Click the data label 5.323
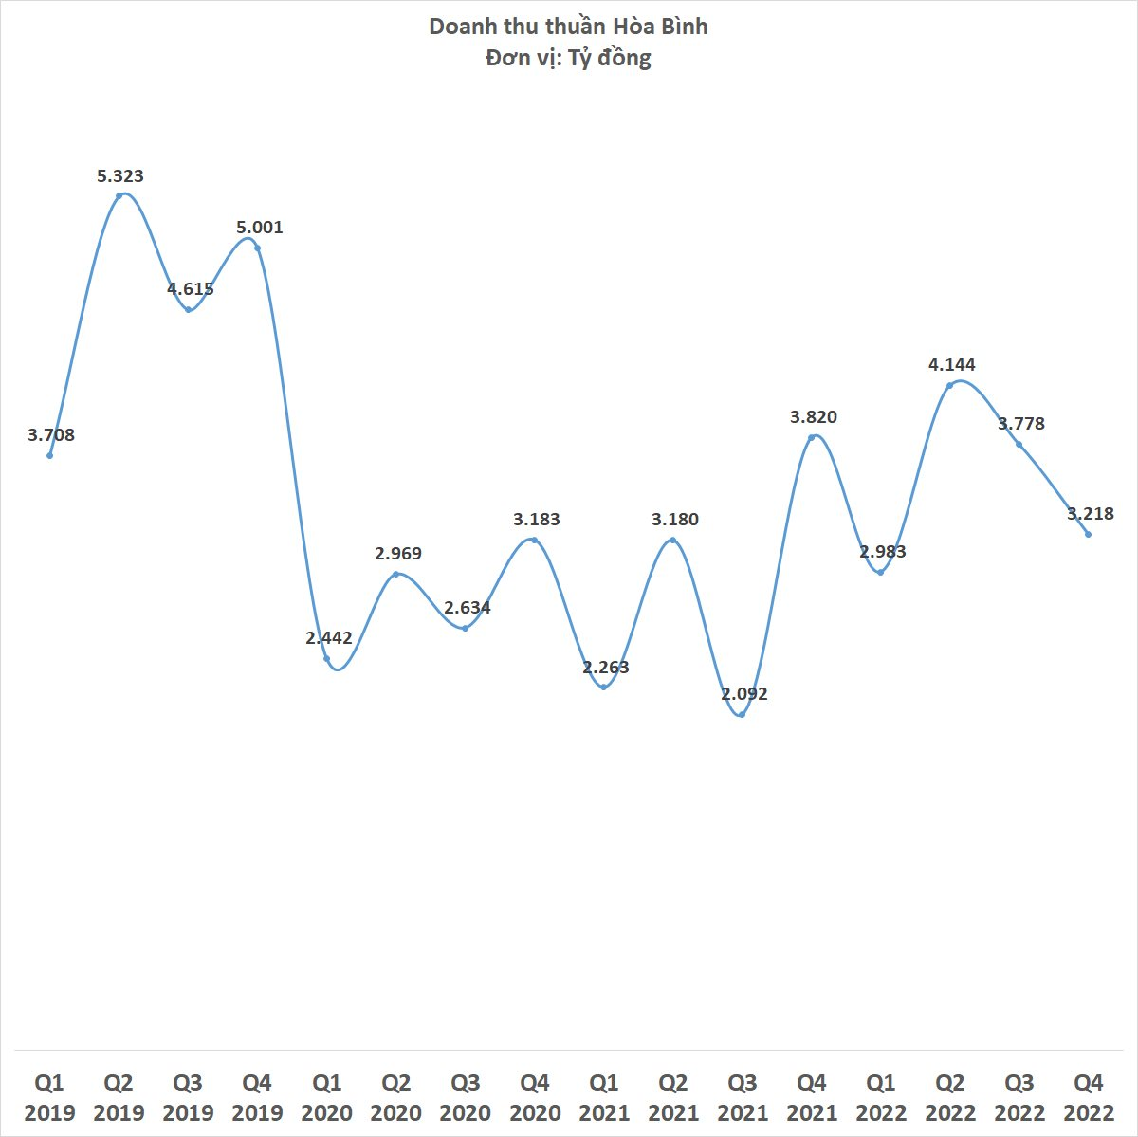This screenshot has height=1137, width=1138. (120, 175)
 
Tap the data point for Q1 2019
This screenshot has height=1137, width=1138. (49, 455)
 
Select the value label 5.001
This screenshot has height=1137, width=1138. (259, 228)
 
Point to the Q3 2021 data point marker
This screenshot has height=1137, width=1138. (742, 714)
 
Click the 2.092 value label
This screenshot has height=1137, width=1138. (744, 694)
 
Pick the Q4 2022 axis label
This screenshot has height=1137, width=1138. (1088, 1097)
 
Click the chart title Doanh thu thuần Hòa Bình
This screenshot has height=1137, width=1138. (568, 27)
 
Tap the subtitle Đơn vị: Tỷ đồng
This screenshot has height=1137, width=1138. (568, 59)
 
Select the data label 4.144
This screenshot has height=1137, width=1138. (952, 365)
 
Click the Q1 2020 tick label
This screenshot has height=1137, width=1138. (327, 1097)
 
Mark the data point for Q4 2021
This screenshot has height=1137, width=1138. (812, 437)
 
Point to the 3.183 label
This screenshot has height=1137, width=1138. (537, 520)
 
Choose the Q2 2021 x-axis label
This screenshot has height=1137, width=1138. (673, 1097)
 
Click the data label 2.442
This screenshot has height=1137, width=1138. (329, 638)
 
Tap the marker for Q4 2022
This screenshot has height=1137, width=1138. (1088, 534)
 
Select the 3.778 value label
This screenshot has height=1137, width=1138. (1021, 424)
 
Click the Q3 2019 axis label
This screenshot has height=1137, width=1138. (188, 1097)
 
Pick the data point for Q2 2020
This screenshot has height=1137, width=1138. (396, 574)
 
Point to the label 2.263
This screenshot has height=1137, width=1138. (606, 668)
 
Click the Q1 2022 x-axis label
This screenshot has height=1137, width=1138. (881, 1097)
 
